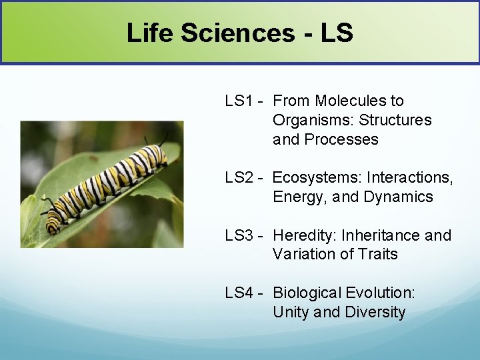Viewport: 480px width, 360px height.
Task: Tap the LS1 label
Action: click(239, 101)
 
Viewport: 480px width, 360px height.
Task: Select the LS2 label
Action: click(239, 177)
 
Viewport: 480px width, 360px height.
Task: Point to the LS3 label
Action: click(239, 235)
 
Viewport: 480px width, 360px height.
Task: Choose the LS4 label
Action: click(239, 293)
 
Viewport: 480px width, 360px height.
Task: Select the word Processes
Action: click(341, 139)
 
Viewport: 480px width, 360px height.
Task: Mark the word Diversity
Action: click(375, 312)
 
